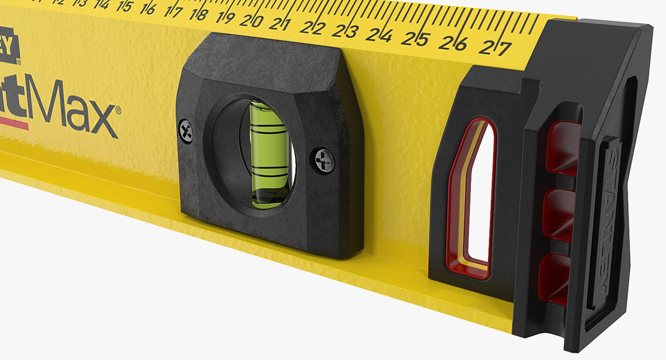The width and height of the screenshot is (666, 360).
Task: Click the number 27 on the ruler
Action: point(495,48)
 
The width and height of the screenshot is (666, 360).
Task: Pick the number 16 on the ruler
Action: point(147,9)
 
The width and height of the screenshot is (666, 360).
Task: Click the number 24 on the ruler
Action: point(380,35)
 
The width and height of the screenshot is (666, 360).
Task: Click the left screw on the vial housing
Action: point(187,131)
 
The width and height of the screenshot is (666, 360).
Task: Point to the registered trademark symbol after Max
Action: point(118,110)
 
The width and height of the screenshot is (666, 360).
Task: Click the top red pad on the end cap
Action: point(564,146)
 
